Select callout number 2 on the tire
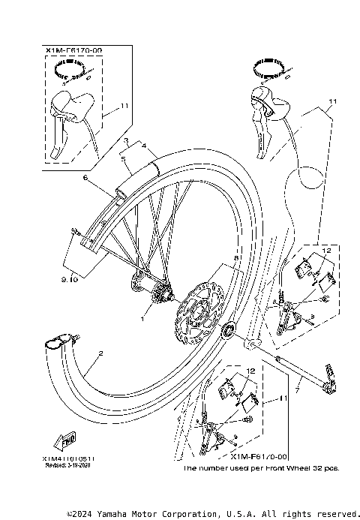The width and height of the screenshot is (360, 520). coord(100,352)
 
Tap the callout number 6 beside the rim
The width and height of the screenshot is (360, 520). coord(86,178)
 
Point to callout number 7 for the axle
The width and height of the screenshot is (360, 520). coord(297,390)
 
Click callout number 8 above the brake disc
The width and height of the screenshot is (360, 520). coord(235,258)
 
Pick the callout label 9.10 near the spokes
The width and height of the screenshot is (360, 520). coord(69,279)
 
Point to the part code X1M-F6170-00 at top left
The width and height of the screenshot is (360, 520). coord(73,51)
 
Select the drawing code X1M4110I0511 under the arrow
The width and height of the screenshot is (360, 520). coord(64,458)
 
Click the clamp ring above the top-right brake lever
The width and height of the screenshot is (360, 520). coord(270,68)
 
